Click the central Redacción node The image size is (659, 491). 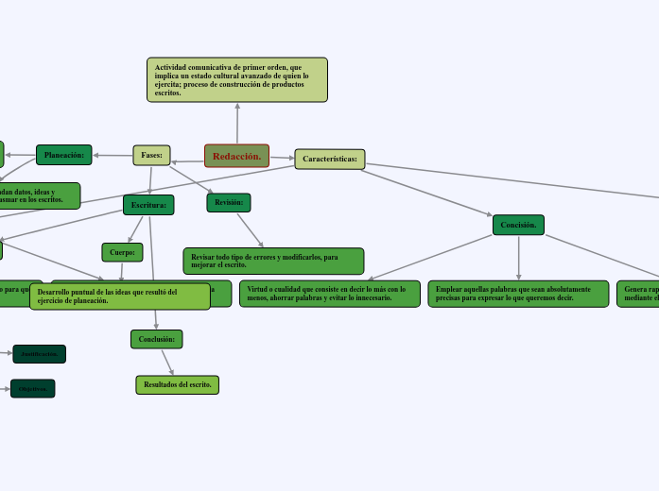click(236, 156)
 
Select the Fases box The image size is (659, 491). click(151, 155)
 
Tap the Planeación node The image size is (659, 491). click(64, 155)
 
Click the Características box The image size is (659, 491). click(330, 160)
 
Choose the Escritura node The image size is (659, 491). click(148, 205)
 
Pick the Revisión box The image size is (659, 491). click(229, 202)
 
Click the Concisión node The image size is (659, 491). click(518, 225)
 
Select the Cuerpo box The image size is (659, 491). click(122, 252)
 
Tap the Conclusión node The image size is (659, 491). click(156, 339)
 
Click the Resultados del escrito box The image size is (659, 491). click(178, 385)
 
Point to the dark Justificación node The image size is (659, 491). click(39, 354)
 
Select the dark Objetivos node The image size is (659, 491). click(33, 389)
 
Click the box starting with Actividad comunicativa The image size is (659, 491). click(237, 80)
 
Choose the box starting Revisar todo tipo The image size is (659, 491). click(273, 262)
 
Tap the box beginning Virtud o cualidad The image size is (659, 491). click(330, 294)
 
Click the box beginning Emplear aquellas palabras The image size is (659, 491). click(518, 294)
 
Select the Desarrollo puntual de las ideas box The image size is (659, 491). click(120, 296)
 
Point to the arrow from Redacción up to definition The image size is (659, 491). click(237, 123)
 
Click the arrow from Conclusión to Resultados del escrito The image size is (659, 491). click(166, 362)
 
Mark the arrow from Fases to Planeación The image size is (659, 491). click(113, 155)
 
